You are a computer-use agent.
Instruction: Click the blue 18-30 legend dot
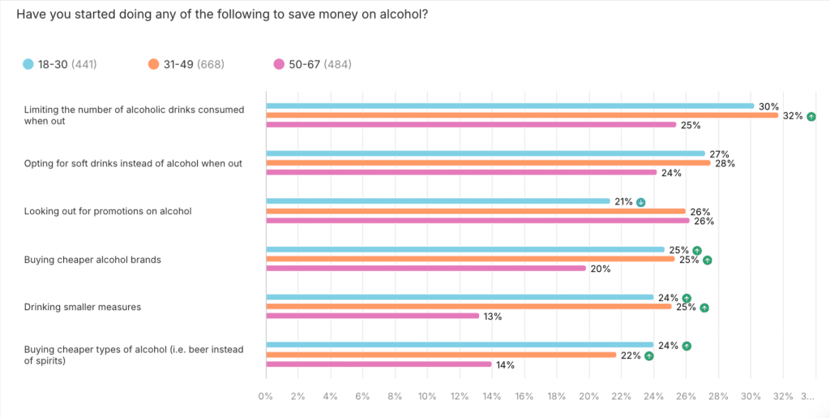[x=28, y=64]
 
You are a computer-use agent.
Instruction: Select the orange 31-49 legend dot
[x=154, y=64]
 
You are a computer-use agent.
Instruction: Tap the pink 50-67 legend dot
[x=280, y=64]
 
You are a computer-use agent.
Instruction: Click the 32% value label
[x=792, y=116]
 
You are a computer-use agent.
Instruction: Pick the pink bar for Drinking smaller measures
[x=373, y=316]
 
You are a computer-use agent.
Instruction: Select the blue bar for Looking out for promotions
[x=438, y=201]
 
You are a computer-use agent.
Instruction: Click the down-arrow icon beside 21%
[x=640, y=202]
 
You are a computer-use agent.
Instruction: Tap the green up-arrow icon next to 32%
[x=811, y=116]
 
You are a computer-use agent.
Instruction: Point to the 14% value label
[x=504, y=364]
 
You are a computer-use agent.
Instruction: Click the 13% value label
[x=492, y=317]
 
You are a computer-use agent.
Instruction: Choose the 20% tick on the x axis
[x=588, y=397]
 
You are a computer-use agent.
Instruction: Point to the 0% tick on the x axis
[x=266, y=397]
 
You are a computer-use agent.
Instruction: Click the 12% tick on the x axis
[x=460, y=397]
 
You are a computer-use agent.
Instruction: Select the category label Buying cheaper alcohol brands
[x=92, y=260]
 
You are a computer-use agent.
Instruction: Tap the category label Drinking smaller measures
[x=82, y=307]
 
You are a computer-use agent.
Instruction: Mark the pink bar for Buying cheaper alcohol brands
[x=426, y=269]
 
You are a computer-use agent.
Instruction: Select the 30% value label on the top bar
[x=768, y=106]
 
